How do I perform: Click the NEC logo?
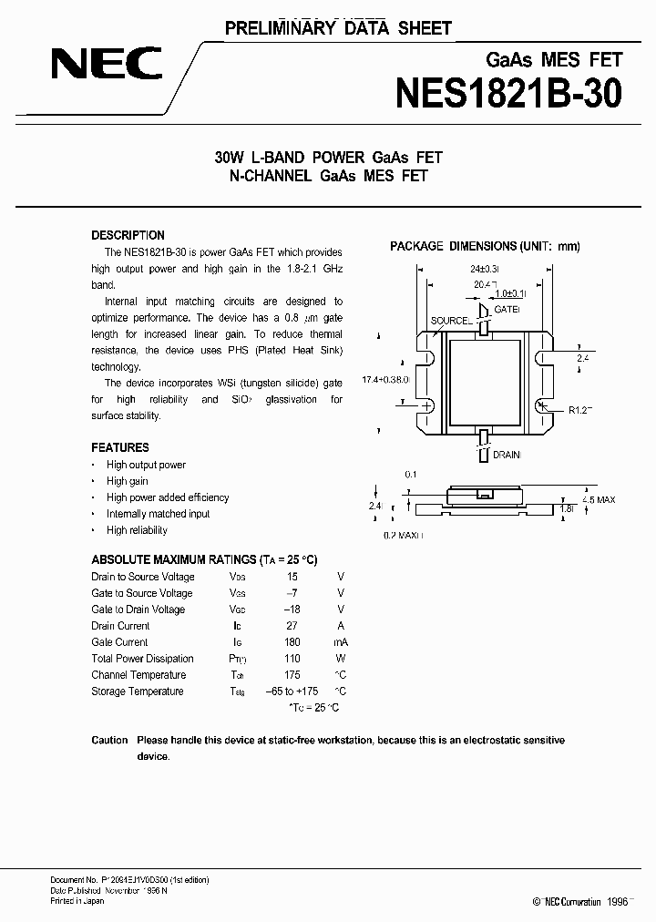click(107, 64)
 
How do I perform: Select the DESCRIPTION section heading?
click(128, 235)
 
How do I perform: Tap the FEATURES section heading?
click(120, 447)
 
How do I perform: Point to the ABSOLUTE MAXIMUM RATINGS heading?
click(204, 560)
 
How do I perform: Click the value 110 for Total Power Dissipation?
click(292, 659)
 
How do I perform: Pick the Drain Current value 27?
click(292, 626)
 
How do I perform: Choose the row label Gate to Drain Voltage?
click(138, 610)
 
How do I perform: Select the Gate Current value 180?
click(292, 642)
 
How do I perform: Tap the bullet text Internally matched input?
click(158, 514)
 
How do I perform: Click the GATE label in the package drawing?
click(506, 310)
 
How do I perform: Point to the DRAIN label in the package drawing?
click(507, 452)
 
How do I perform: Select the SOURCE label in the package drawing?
click(449, 321)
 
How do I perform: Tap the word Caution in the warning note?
click(109, 741)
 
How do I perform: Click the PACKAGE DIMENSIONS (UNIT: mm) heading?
click(485, 246)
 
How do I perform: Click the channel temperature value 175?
click(292, 675)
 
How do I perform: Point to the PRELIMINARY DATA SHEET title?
click(338, 28)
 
